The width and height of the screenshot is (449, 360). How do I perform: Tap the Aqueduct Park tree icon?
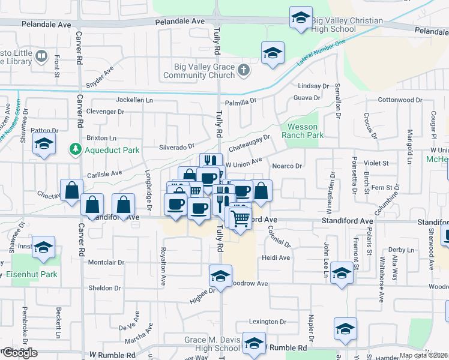click(x=76, y=149)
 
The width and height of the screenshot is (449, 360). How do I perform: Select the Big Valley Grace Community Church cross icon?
click(x=243, y=71)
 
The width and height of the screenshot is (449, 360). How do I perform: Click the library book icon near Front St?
click(x=41, y=57)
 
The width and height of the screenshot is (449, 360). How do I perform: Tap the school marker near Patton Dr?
click(x=44, y=145)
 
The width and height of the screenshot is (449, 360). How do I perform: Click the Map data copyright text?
click(x=423, y=355)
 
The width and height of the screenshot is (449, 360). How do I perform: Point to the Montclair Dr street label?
click(x=106, y=263)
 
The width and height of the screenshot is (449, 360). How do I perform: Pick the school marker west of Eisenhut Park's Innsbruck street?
click(x=44, y=248)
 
